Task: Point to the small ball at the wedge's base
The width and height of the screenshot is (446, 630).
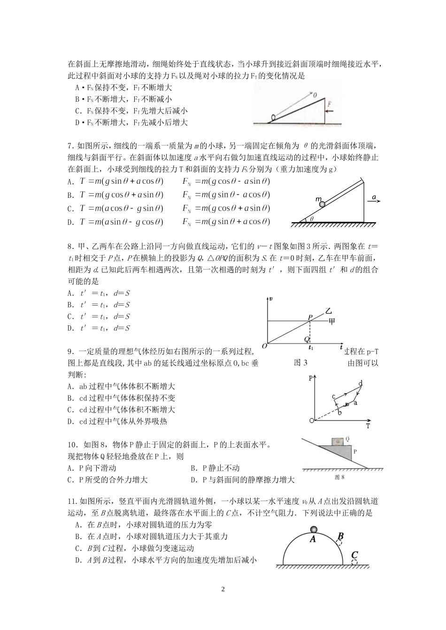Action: click(273, 118)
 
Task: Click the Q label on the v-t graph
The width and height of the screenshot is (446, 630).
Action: click(306, 338)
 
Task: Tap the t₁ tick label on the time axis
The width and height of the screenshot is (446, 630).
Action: click(310, 348)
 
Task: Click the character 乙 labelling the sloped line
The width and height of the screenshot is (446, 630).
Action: click(329, 310)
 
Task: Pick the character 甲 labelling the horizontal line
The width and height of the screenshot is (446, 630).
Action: click(331, 321)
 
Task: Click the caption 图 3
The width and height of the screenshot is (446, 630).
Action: click(300, 362)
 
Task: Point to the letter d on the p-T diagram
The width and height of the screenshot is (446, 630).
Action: click(361, 384)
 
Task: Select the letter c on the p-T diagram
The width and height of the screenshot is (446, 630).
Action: click(334, 396)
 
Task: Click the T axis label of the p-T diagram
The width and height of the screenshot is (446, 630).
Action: click(368, 426)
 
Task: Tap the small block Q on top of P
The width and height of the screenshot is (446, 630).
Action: click(337, 441)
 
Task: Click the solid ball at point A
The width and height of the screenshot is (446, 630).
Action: click(313, 530)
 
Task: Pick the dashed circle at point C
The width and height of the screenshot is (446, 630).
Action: click(354, 562)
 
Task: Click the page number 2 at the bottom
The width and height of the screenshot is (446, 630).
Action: click(223, 589)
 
